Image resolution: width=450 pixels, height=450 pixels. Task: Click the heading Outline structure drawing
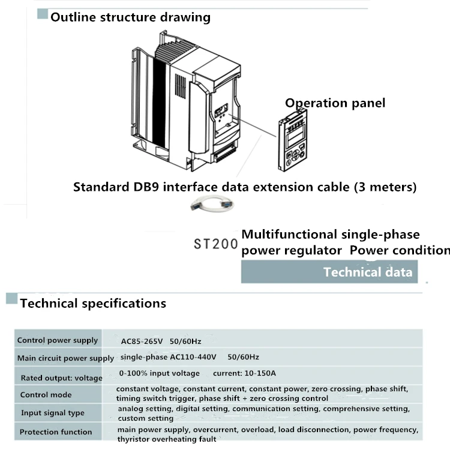[x=130, y=17]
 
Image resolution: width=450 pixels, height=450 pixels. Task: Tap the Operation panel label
[x=335, y=103]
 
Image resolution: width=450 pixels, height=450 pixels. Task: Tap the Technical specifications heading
[x=93, y=303]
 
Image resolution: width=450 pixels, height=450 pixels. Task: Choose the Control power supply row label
[x=57, y=340]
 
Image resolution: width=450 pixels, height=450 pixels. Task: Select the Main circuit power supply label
[x=65, y=358]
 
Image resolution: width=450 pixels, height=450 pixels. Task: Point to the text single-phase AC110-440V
[x=168, y=357]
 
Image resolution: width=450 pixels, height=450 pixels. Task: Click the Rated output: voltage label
[x=61, y=377]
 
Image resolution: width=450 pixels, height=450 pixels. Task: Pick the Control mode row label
[x=46, y=395]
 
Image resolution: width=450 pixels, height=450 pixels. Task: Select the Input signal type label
[x=53, y=413]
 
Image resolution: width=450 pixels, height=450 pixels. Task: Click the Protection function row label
[x=56, y=431]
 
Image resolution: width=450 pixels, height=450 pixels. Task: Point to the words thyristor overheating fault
[x=167, y=439]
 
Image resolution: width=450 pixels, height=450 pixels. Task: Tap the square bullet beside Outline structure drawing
[x=43, y=14]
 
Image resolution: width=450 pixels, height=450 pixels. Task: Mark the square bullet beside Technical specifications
[x=12, y=298]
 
